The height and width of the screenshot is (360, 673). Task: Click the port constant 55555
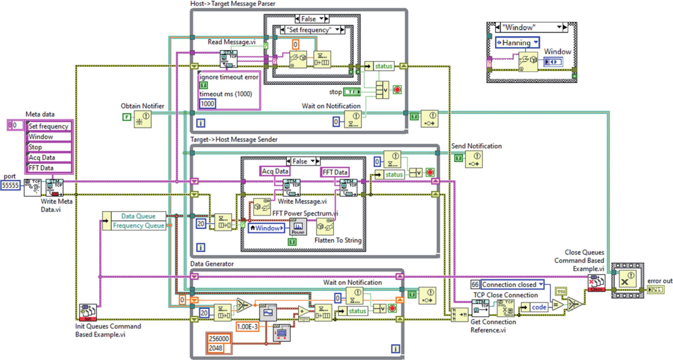[10, 186]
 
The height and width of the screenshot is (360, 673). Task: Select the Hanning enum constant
[517, 43]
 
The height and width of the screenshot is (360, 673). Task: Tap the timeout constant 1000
[207, 104]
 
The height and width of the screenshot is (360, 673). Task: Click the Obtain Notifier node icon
[142, 119]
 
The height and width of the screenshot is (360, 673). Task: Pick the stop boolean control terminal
[352, 92]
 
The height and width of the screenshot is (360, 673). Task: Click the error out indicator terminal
[655, 290]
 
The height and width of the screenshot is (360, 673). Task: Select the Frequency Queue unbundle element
[138, 225]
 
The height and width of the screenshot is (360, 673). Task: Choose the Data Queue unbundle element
[138, 216]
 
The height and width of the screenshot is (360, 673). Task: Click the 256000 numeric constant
[219, 339]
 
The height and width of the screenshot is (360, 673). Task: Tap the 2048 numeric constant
[216, 348]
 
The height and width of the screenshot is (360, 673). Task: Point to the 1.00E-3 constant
[247, 327]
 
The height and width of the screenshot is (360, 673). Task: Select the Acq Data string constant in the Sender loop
[275, 171]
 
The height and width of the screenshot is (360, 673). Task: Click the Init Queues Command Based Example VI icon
[88, 312]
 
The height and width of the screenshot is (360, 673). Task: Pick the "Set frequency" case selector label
[309, 30]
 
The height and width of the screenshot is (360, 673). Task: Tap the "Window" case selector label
[529, 28]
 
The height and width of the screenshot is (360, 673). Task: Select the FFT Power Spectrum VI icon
[298, 227]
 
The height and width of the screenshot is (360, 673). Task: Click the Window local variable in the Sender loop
[266, 228]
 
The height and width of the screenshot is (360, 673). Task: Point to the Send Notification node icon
[474, 159]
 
